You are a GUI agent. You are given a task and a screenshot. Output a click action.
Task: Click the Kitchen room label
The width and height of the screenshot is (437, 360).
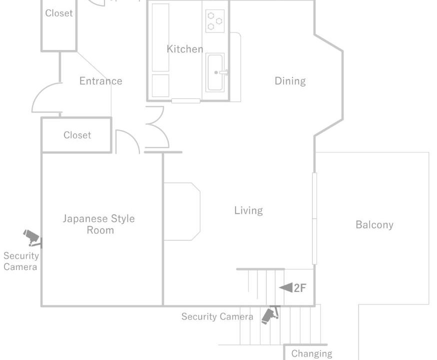tap(185, 49)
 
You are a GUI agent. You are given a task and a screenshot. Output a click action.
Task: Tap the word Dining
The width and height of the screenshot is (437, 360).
tap(290, 81)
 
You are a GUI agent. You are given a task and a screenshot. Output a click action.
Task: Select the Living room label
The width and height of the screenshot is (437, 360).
tap(248, 210)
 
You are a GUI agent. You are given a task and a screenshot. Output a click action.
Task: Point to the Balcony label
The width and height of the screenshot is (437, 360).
tap(374, 224)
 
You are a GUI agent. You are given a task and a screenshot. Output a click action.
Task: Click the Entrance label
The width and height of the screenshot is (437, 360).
tap(100, 81)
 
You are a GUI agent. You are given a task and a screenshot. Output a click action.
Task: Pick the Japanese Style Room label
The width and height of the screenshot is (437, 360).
tap(99, 224)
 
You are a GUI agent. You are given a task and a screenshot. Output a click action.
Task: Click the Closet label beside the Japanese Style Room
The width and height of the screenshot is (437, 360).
tap(77, 135)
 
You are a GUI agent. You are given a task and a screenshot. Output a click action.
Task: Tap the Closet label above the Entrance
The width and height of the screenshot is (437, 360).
tap(59, 13)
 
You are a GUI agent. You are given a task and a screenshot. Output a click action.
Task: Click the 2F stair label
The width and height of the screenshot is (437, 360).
tap(300, 288)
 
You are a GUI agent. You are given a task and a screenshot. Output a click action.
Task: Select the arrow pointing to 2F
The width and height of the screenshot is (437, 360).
tap(285, 287)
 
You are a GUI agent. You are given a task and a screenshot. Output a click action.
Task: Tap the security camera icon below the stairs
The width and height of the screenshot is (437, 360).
tap(270, 315)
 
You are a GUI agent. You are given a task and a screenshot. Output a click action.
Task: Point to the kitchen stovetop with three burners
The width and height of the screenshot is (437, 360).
tap(215, 21)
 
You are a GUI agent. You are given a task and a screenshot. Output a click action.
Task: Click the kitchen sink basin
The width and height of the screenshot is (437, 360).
tap(215, 72)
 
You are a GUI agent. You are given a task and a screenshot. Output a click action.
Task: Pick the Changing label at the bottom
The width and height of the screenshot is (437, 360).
tap(311, 354)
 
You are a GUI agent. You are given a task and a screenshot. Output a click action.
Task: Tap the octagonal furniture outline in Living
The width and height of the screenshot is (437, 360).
tap(181, 211)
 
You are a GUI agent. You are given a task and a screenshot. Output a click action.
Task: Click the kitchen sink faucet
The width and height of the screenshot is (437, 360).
tap(223, 72)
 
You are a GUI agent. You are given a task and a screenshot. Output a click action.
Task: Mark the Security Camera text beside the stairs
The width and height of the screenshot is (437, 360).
tap(217, 317)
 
